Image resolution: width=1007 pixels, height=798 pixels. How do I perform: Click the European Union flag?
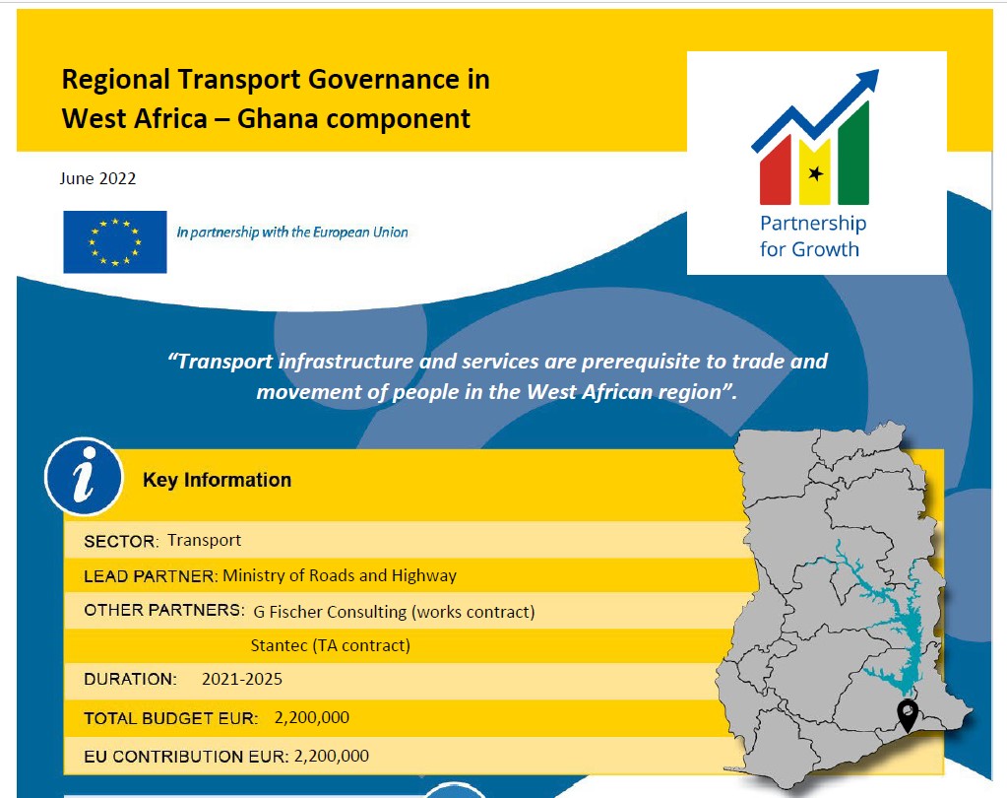[x=115, y=241]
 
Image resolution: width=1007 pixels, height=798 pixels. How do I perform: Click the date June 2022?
[x=97, y=178]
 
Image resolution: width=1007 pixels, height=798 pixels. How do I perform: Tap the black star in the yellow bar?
[x=816, y=172]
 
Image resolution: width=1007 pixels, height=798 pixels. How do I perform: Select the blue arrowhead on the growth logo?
[x=866, y=81]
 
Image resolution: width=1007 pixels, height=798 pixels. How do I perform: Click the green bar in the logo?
[x=853, y=155]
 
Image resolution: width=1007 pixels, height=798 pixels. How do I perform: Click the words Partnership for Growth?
[x=813, y=235]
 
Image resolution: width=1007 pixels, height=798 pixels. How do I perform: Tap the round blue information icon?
[x=84, y=476]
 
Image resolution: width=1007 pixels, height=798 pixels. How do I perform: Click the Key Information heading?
[x=218, y=480]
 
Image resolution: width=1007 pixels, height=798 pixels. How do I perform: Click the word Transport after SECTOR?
[x=204, y=540]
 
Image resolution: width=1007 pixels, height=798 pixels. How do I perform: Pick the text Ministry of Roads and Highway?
[x=340, y=575]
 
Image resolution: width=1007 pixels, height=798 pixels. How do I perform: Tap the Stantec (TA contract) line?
[x=330, y=645]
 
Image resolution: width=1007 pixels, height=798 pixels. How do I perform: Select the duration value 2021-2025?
[x=242, y=679]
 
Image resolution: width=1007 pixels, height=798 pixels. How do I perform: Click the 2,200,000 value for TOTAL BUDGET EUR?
[x=312, y=717]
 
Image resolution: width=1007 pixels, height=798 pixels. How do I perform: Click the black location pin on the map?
[x=908, y=715]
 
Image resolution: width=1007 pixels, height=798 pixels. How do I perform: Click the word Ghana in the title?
[x=278, y=119]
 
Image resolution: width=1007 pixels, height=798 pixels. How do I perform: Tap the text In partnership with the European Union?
[x=292, y=232]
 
